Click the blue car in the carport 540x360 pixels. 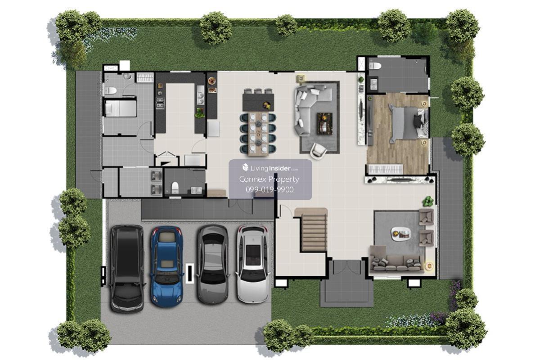[166, 267]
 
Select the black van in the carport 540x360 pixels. [126, 269]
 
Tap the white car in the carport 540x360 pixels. [253, 264]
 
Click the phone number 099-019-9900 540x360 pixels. [270, 190]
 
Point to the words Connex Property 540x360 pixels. [269, 179]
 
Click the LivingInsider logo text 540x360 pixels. [270, 168]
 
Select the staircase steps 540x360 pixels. [314, 233]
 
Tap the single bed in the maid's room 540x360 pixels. [121, 108]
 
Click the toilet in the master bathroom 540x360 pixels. [375, 66]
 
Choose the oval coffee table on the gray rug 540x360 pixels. [400, 234]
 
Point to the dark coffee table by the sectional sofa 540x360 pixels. [324, 123]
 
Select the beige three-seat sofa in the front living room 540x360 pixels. [397, 260]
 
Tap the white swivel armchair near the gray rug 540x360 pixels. [319, 150]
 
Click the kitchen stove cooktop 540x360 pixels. [160, 102]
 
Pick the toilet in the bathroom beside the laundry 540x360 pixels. [175, 188]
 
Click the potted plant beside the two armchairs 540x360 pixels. [427, 201]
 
